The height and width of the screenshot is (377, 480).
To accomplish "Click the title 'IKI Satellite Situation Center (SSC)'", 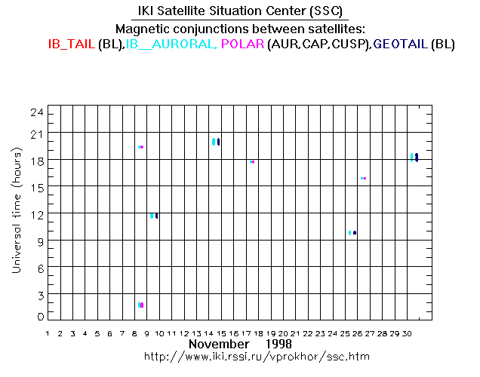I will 239,12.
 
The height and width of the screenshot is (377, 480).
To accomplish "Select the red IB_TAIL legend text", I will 71,44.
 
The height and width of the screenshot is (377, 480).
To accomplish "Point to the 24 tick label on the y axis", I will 35,112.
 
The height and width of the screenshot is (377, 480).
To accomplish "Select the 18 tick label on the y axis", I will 35,161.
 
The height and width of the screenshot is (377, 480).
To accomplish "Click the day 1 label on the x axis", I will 48,333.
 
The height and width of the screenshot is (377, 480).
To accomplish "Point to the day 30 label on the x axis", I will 408,333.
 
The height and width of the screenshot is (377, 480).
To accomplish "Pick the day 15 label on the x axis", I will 221,333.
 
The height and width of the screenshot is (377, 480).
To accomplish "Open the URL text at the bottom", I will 257,356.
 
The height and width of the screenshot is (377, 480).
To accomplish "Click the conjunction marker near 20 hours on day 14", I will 216,141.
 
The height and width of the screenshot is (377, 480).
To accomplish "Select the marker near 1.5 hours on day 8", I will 140,305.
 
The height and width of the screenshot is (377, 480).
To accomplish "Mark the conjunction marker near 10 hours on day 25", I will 352,232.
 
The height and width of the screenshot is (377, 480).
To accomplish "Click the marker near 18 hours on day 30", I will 414,157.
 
